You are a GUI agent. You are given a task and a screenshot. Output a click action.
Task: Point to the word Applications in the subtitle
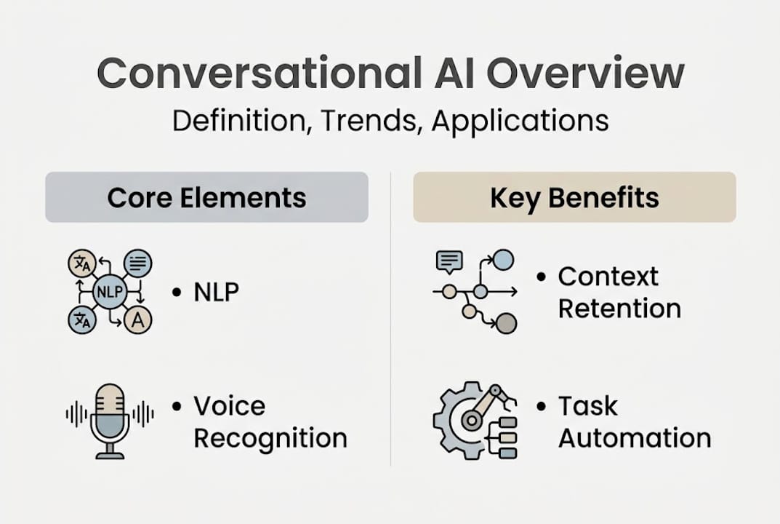pyautogui.click(x=520, y=120)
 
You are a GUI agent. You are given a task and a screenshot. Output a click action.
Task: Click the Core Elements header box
pyautogui.click(x=206, y=197)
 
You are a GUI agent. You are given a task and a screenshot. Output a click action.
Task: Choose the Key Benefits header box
pyautogui.click(x=574, y=197)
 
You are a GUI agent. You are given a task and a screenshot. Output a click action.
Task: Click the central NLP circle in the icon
pyautogui.click(x=110, y=293)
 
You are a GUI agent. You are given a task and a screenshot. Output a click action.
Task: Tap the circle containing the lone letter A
pyautogui.click(x=137, y=319)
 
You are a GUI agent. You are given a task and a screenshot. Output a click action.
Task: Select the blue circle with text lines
pyautogui.click(x=137, y=263)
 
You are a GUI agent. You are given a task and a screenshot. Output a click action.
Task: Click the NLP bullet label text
pyautogui.click(x=216, y=292)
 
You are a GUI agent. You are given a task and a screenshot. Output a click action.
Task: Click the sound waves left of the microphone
pyautogui.click(x=76, y=414)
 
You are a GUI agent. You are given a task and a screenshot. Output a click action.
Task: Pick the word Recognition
pyautogui.click(x=270, y=438)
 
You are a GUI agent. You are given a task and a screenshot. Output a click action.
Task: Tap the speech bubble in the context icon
pyautogui.click(x=449, y=261)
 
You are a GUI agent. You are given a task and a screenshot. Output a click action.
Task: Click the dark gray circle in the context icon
pyautogui.click(x=506, y=323)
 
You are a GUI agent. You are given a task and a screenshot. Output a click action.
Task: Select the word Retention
pyautogui.click(x=619, y=308)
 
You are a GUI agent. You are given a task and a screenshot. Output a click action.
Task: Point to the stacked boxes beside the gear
pyautogui.click(x=507, y=437)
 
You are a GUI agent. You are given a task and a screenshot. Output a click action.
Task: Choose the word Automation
pyautogui.click(x=634, y=438)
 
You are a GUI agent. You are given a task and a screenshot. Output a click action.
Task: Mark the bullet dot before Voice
pyautogui.click(x=177, y=406)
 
